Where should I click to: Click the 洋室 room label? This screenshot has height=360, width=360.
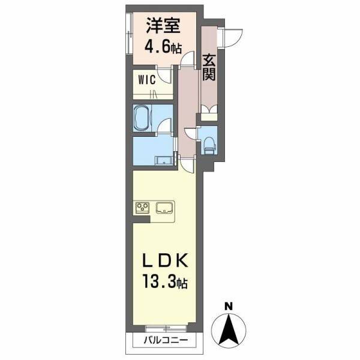click(163, 28)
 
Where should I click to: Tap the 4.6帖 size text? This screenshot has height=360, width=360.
click(163, 47)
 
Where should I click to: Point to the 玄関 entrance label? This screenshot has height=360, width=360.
click(209, 67)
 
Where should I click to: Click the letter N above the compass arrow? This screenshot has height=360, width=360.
click(229, 307)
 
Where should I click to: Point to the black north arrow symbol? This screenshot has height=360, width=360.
click(229, 330)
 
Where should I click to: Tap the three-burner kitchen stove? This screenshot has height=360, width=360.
click(143, 208)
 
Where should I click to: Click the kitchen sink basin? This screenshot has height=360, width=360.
click(164, 208)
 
